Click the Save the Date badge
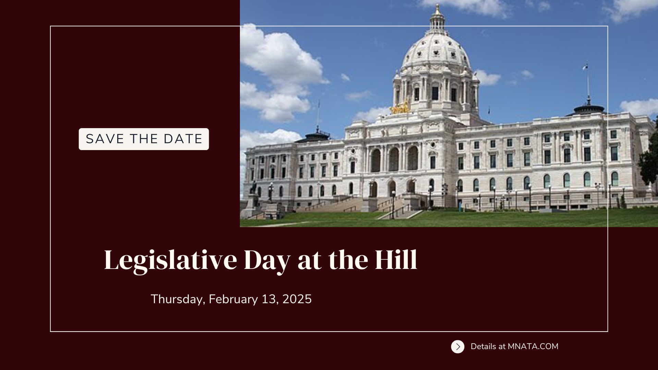point(144,139)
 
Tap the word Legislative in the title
point(170,261)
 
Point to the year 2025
point(297,299)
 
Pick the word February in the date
point(233,299)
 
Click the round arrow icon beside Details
point(458,347)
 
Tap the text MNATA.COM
point(533,346)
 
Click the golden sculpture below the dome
point(400,108)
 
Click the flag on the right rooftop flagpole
point(585,67)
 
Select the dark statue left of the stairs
point(254,187)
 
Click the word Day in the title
point(267,261)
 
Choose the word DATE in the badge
point(183,139)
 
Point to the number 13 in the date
point(268,299)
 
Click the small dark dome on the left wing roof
point(317,136)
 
